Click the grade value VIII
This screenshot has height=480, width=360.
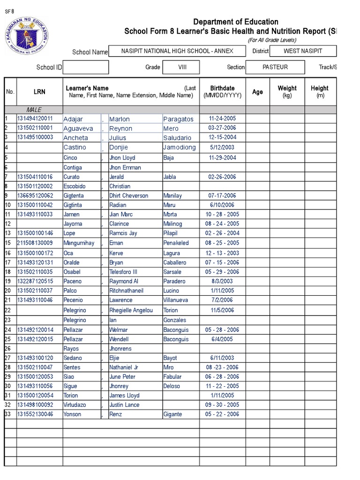[182, 67]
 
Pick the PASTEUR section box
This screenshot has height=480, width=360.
[275, 67]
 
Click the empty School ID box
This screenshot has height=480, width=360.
[86, 67]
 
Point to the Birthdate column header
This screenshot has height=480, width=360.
[222, 91]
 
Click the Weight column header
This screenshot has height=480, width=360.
[287, 91]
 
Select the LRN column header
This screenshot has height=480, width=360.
[39, 92]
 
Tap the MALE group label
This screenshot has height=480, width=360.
[34, 110]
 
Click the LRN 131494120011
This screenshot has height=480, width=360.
[35, 119]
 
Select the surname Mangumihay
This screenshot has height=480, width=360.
[79, 243]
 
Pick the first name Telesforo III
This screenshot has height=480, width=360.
[123, 272]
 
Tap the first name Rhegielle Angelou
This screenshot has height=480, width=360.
[131, 310]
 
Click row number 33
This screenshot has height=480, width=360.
[7, 414]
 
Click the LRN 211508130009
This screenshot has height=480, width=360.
[35, 243]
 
